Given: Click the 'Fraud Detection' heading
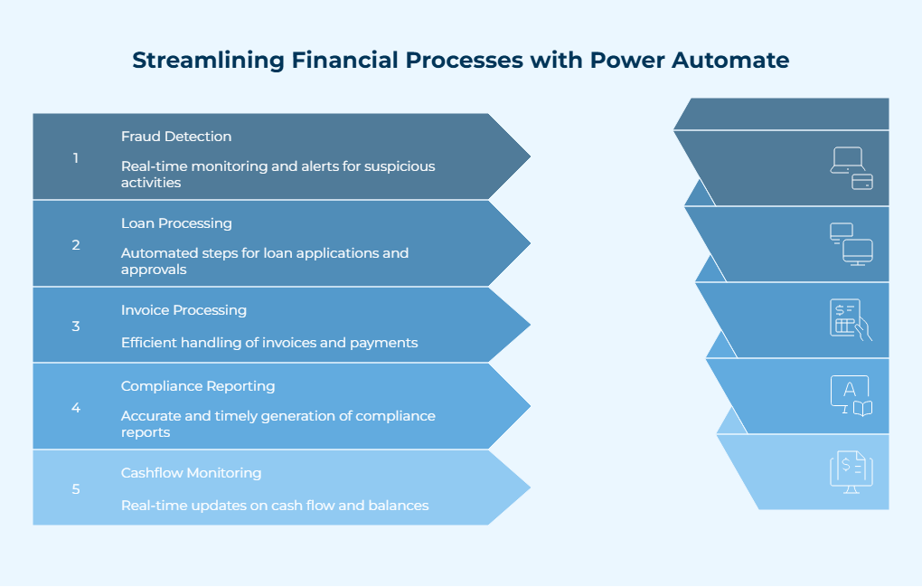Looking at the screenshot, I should (x=176, y=137).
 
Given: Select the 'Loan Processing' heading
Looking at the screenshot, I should (x=176, y=223).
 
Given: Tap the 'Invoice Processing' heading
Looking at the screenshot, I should (x=183, y=310).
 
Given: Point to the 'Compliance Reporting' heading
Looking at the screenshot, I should (x=198, y=386).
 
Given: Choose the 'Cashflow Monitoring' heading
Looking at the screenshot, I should (x=191, y=473).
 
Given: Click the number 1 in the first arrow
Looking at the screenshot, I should (x=76, y=158).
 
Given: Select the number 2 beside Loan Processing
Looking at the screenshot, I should (x=76, y=245).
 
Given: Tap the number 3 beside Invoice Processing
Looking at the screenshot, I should (x=76, y=327).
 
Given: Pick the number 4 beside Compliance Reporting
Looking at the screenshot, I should (x=76, y=408).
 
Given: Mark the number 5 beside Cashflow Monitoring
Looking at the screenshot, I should (x=76, y=489).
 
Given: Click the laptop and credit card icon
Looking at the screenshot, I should (x=851, y=168).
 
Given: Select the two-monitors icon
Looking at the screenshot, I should (x=851, y=244).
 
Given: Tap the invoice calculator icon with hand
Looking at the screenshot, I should (x=851, y=320).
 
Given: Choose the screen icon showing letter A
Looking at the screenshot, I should (x=851, y=396).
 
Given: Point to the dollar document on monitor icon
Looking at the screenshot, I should (x=851, y=472).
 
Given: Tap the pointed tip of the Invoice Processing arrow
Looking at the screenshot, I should (x=529, y=326).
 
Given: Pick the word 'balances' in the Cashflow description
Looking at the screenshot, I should (x=399, y=506).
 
